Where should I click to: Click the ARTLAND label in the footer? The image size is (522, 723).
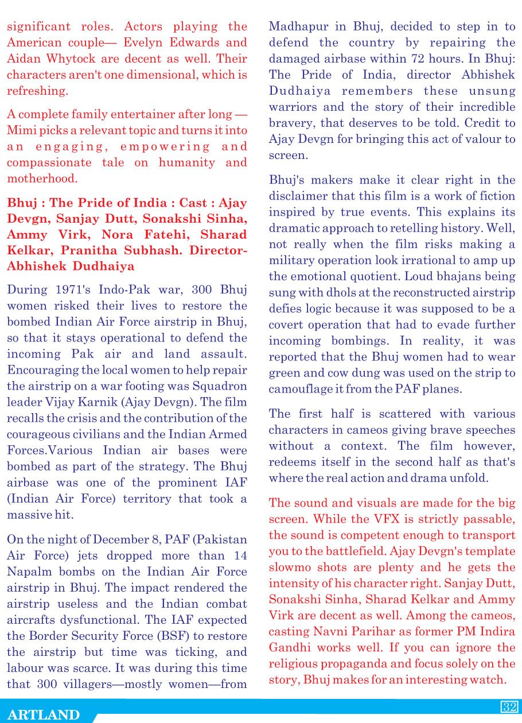[44, 714]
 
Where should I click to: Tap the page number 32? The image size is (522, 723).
[509, 706]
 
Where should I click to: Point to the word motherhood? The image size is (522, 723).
[42, 178]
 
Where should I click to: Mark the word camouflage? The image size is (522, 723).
[303, 389]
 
